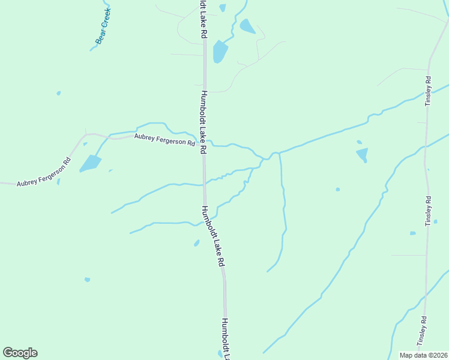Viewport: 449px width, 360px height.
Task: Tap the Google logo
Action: coord(20,353)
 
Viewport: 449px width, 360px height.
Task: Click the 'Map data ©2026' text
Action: coord(424,355)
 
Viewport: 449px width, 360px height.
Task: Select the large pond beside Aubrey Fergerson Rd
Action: coord(90,163)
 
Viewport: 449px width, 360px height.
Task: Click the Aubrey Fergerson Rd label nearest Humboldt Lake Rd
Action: coord(165,140)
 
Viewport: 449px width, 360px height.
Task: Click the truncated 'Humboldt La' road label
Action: coord(226,339)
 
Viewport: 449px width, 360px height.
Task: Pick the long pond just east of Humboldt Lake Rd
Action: coord(220,52)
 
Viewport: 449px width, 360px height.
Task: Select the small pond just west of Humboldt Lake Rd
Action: coord(196,243)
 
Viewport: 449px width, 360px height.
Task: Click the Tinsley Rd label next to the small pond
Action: coord(428,211)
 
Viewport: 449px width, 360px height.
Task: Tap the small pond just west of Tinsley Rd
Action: coord(412,233)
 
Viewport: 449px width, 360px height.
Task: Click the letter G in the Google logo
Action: coord(8,353)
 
